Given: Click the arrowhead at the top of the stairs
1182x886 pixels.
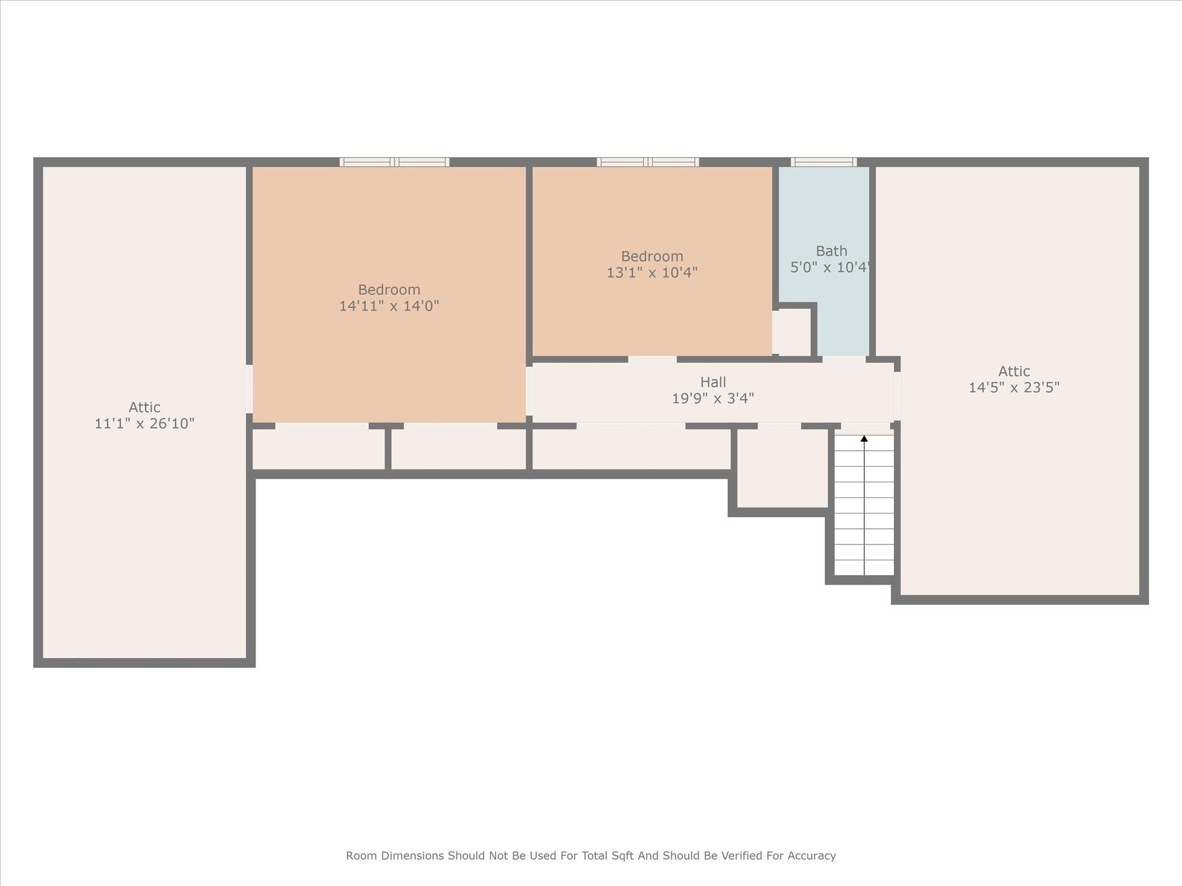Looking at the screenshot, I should pos(864,439).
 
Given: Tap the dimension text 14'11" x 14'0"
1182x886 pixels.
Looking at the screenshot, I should pos(389,306).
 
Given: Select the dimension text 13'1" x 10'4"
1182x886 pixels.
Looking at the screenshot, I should pos(652,273).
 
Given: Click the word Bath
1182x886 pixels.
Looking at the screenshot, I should pos(831,251).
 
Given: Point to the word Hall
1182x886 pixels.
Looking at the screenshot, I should pos(713,382).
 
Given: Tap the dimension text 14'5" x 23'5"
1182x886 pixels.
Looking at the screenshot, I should pos(1013,388).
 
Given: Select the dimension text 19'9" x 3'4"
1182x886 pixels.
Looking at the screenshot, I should pos(713,399).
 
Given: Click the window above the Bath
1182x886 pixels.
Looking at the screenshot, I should pos(824,162).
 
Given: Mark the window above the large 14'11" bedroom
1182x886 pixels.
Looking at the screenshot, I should pos(394,162).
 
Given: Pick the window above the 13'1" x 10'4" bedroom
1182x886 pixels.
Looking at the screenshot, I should pos(648,162).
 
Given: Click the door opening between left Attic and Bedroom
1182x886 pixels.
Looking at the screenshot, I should pos(249,389).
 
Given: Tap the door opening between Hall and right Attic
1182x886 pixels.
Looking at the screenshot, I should pos(897,396).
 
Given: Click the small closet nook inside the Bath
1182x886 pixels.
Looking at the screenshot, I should pos(794,333).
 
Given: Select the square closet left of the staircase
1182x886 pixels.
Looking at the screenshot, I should pos(782,468).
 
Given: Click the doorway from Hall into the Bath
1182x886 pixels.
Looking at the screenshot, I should pos(843,360).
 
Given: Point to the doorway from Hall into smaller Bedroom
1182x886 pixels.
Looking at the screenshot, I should pos(652,360).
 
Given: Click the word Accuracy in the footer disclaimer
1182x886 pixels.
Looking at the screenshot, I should pos(812,855).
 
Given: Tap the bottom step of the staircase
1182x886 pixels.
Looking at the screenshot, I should pos(864,568).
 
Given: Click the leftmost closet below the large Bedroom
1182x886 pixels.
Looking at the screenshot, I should pos(319,449).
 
